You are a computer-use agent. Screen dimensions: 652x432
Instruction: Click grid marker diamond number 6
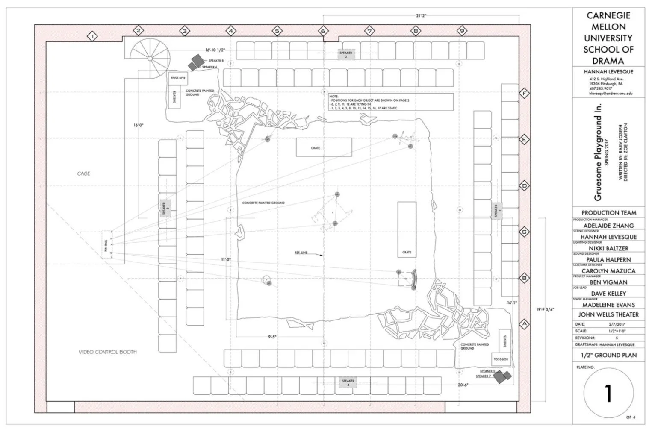coord(323,31)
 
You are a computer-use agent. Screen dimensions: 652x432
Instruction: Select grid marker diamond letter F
coord(524,94)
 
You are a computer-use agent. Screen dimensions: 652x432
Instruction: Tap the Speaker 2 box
coord(345,54)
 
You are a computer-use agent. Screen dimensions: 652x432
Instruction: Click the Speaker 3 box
coord(163,208)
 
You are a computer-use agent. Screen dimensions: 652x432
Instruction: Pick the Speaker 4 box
coord(348,382)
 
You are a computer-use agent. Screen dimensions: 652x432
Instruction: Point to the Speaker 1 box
coord(496,210)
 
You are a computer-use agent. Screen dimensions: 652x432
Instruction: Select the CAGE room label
coord(84,173)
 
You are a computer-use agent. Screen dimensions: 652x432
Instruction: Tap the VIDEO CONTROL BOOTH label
coord(108,352)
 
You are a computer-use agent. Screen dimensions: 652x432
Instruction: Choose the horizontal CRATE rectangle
coord(324,148)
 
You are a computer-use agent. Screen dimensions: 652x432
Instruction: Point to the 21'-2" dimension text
coord(421,15)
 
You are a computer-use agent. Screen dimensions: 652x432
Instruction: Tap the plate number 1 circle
coord(608,393)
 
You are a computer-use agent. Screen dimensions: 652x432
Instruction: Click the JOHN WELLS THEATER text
coord(608,314)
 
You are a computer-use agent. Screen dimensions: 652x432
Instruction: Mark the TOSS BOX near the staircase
coord(178,79)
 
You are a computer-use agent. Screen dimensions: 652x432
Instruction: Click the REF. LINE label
coord(301,253)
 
